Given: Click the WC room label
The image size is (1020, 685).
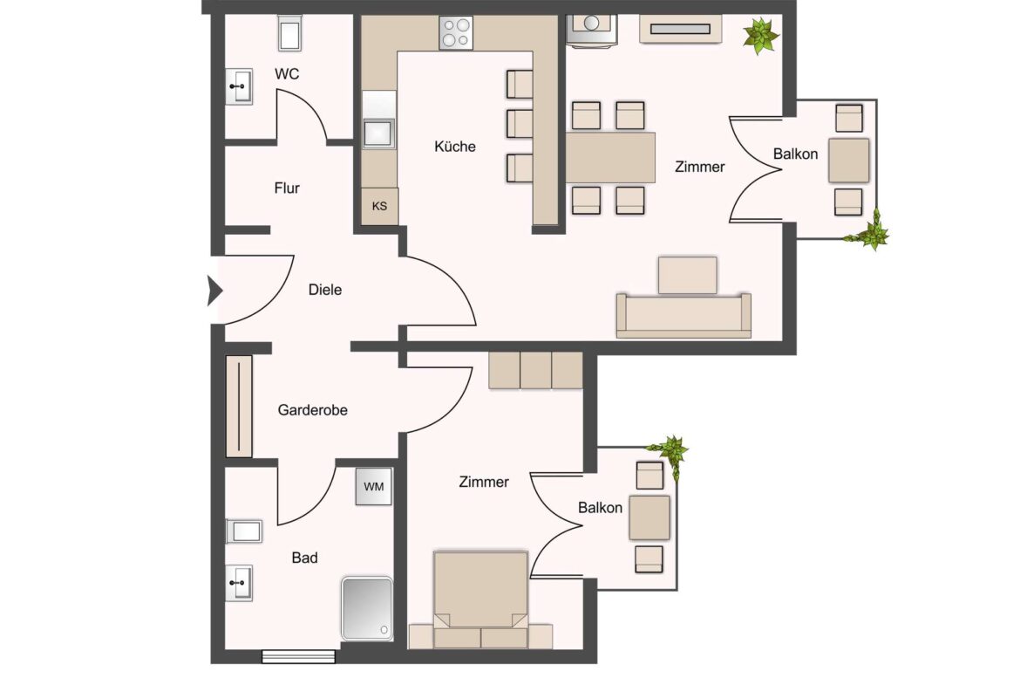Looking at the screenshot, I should [x=287, y=74].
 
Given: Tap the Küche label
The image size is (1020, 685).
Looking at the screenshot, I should [x=455, y=147].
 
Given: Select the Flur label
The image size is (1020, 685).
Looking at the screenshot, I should [x=287, y=188].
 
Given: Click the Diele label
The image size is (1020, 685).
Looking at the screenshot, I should [x=325, y=290].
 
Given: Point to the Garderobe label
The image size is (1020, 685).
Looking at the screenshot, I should [x=312, y=409].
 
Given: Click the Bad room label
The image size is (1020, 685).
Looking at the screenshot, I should [x=304, y=558].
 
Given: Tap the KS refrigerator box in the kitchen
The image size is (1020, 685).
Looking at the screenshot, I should [x=379, y=207].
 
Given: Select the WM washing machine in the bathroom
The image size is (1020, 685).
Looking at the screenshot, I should [x=373, y=486].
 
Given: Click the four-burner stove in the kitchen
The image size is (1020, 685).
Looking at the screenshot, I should [x=456, y=33].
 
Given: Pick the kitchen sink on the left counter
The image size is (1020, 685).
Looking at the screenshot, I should [x=379, y=133].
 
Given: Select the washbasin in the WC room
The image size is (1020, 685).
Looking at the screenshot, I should [x=240, y=86].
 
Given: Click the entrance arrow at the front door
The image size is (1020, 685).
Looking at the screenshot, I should [x=214, y=291].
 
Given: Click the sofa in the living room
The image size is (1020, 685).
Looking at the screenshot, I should [x=683, y=315].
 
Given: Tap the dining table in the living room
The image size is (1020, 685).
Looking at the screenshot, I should [x=610, y=158].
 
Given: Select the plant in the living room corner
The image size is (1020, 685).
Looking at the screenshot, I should [x=761, y=37].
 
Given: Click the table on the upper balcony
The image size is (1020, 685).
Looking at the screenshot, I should [x=848, y=160].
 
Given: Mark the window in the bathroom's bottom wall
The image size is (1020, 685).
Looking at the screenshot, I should [x=298, y=656].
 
